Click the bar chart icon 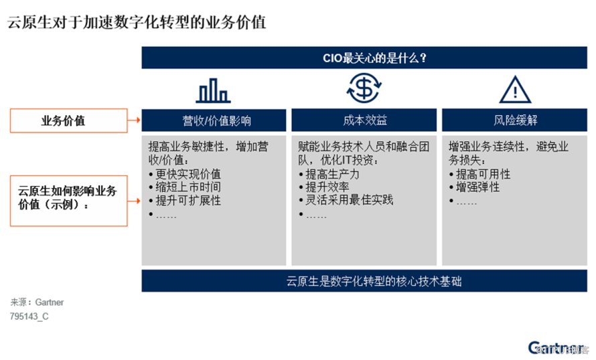click(213, 90)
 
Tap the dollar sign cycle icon click(364, 88)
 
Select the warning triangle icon click(515, 90)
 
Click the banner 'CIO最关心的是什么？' click(364, 58)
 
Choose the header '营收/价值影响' click(214, 120)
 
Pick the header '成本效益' click(364, 120)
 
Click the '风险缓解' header click(515, 120)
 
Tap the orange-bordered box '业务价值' click(69, 120)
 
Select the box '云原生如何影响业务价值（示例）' click(69, 201)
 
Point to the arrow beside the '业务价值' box click(134, 120)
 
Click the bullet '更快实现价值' click(185, 174)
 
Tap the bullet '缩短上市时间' click(185, 187)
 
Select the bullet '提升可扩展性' click(185, 201)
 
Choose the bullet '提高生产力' click(329, 174)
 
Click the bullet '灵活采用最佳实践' click(346, 200)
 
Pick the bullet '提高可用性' click(480, 174)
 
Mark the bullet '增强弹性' click(475, 187)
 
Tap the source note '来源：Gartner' click(37, 302)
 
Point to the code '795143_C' click(29, 317)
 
